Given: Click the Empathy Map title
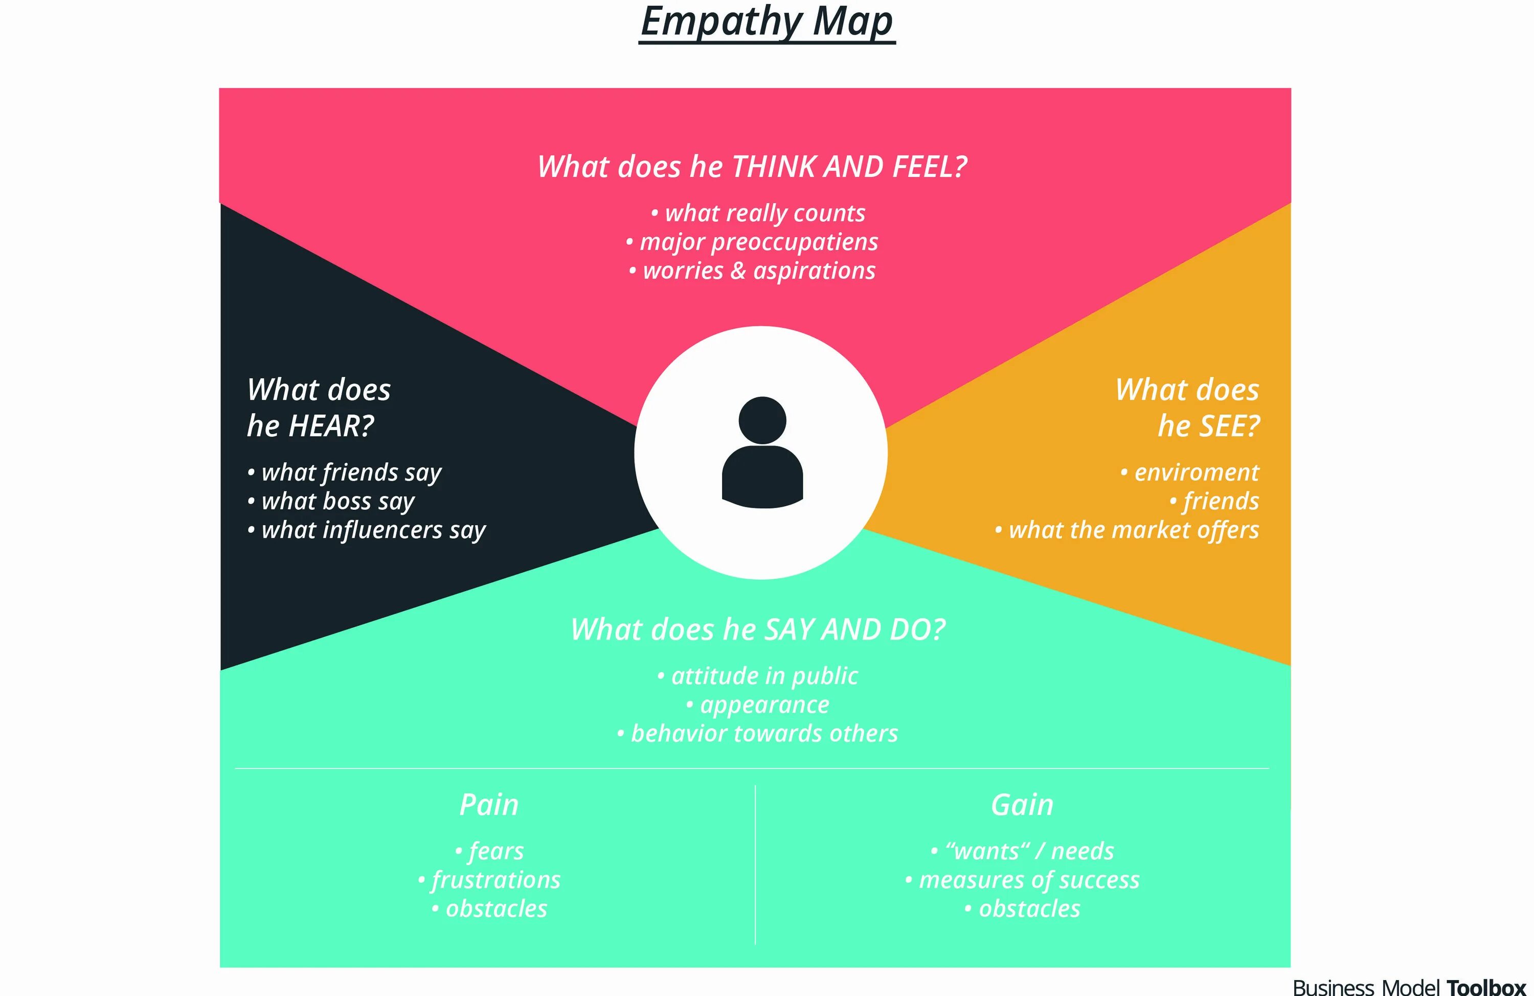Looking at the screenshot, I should pos(766,22).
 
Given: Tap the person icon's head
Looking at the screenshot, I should pos(762,420).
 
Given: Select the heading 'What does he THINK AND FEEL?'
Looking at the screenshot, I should pos(752,167).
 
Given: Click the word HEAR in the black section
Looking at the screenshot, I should pos(331,426).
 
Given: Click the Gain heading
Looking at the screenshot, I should pos(1022,805).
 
